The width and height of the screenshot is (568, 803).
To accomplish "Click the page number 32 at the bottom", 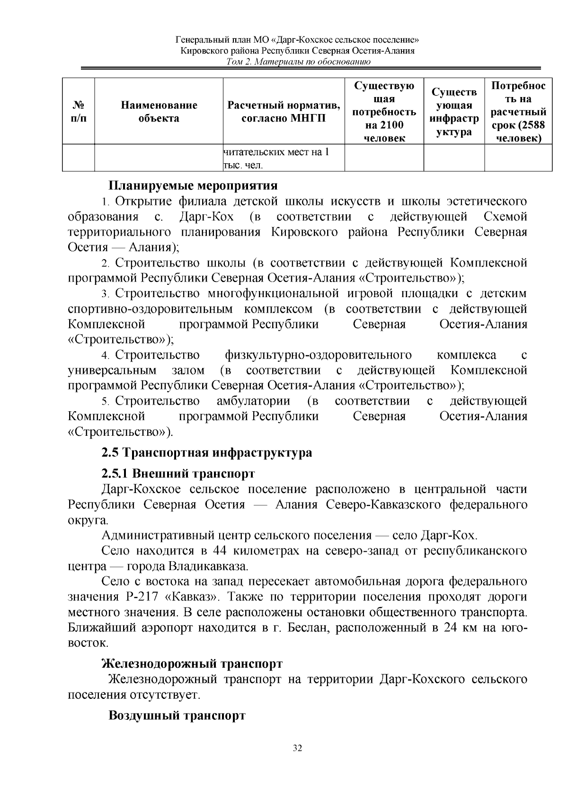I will click(x=297, y=748).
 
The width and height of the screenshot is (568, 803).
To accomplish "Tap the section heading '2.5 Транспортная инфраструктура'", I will click(x=207, y=453).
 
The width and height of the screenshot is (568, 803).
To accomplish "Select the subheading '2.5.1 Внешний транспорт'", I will click(x=178, y=474).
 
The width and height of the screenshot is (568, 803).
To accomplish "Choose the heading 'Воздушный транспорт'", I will click(x=177, y=715).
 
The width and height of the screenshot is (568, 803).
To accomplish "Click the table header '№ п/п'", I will click(x=79, y=112).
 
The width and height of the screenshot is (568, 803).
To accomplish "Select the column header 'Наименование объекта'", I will click(x=159, y=112).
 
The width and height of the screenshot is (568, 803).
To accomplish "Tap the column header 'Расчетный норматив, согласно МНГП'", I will click(x=284, y=112).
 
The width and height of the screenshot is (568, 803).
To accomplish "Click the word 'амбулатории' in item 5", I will click(x=253, y=401).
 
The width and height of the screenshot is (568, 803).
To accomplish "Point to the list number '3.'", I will click(x=106, y=294).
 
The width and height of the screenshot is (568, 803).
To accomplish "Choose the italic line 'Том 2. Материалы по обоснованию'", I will click(x=298, y=62).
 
